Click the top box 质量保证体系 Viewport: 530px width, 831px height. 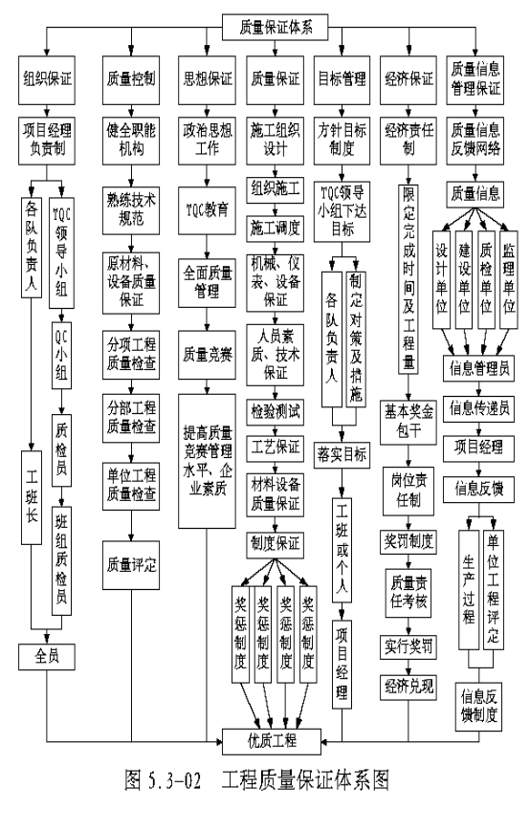(x=276, y=27)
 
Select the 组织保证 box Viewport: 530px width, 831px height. (x=47, y=79)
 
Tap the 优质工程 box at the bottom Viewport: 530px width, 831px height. (x=272, y=741)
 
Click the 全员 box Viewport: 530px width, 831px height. (x=47, y=657)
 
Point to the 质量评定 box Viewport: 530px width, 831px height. (x=131, y=565)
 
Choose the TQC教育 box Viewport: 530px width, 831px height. (x=207, y=210)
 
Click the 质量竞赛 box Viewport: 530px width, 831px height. (x=207, y=355)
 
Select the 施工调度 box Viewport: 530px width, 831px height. (x=275, y=229)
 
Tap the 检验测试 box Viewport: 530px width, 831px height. (x=275, y=412)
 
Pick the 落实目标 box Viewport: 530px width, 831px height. (x=342, y=455)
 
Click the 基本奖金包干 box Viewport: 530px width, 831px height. (x=409, y=423)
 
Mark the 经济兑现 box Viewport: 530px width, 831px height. (x=409, y=688)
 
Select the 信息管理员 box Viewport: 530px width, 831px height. (x=478, y=368)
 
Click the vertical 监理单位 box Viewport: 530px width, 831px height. (x=509, y=279)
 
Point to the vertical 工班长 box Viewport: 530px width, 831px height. (x=32, y=497)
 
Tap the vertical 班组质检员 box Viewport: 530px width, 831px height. (x=61, y=560)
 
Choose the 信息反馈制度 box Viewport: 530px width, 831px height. (x=478, y=707)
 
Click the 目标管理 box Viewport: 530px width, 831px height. (x=342, y=79)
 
